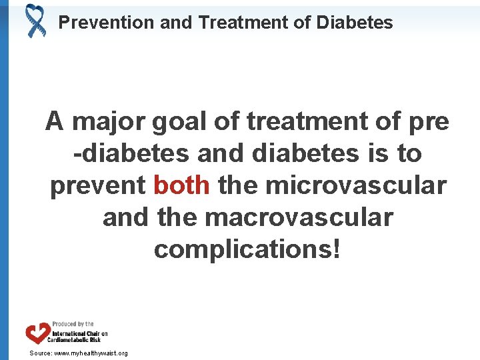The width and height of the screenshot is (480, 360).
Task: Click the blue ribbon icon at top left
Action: [35, 20]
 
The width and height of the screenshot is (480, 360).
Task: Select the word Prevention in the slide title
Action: [107, 23]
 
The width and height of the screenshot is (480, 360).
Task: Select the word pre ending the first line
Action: [427, 122]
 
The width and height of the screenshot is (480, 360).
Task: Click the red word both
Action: [181, 185]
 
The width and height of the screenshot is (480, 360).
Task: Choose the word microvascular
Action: [355, 185]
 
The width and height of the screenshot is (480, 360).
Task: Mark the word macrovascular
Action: [299, 217]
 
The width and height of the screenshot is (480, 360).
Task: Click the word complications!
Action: [247, 249]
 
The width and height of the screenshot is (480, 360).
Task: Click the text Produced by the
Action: [73, 324]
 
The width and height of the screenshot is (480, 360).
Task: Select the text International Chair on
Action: [80, 332]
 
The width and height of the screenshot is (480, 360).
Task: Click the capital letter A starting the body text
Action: [55, 122]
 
